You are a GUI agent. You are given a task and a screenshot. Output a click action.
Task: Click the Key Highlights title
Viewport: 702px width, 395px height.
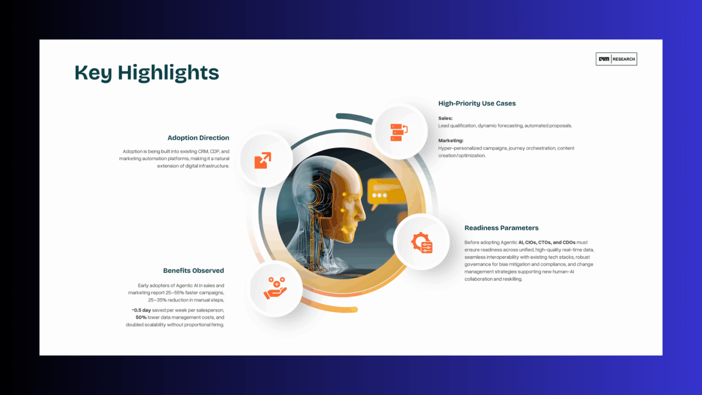pos(147,73)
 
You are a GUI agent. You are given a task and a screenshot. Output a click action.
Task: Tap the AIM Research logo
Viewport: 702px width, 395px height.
pos(616,59)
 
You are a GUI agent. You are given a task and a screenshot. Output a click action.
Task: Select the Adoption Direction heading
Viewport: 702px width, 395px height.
pos(198,138)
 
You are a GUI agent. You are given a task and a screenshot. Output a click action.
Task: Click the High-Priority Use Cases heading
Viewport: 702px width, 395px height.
pos(477,103)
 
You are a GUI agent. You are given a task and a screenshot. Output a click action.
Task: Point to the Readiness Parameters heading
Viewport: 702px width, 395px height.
pos(501,228)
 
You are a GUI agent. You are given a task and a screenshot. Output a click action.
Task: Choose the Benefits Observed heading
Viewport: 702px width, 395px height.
pos(193,271)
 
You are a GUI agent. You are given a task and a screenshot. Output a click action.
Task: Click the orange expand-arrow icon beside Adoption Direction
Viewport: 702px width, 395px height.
pos(263,160)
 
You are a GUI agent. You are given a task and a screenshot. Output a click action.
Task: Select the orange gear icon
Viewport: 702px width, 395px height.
pos(422,242)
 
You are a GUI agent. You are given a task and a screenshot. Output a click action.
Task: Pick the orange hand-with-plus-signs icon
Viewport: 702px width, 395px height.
pos(275,288)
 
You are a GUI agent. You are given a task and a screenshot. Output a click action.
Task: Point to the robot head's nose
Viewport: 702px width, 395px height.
pos(362,213)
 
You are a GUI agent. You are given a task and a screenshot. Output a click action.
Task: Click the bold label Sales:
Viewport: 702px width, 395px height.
pos(445,118)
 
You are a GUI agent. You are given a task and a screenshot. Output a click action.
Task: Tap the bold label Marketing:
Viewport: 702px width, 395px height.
pos(451,140)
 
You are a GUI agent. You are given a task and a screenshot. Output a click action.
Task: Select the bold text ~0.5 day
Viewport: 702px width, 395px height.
pos(141,310)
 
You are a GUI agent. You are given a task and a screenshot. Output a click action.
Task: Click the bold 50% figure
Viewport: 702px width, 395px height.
pos(141,317)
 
